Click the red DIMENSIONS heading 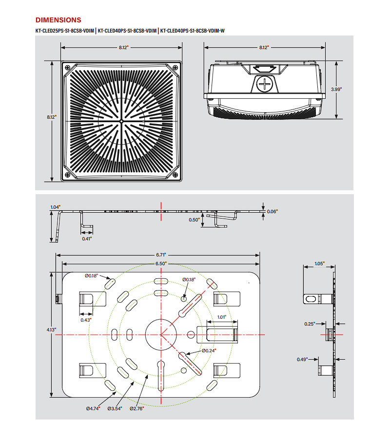click(x=58, y=20)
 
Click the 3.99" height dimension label click(x=336, y=90)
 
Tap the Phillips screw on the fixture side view click(x=264, y=84)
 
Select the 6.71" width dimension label click(x=161, y=255)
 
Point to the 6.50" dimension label click(x=161, y=263)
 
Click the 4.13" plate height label click(x=51, y=330)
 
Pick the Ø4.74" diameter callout click(x=93, y=409)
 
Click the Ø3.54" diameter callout click(x=115, y=409)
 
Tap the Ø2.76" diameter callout click(x=137, y=409)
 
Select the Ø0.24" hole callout click(x=209, y=350)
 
